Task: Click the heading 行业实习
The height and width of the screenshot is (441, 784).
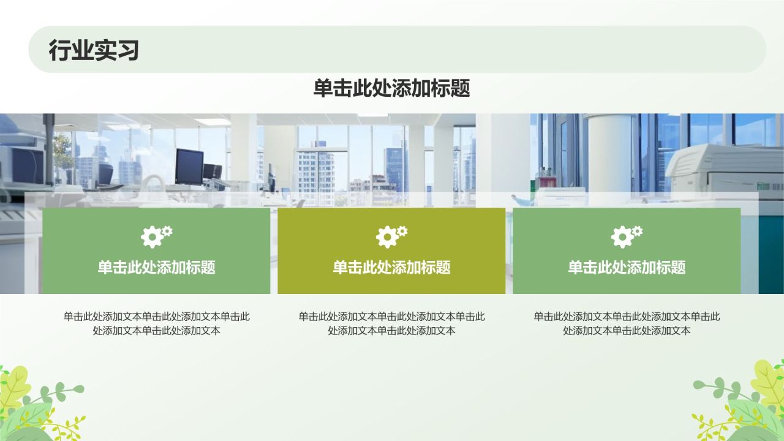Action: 94,50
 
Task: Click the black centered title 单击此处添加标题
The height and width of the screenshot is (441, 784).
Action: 391,89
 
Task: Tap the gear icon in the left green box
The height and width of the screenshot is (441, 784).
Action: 156,236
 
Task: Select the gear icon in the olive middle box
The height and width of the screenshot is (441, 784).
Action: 391,236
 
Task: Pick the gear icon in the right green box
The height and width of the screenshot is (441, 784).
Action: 627,236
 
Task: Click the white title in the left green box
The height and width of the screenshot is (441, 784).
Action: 156,267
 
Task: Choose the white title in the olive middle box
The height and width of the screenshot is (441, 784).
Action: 391,267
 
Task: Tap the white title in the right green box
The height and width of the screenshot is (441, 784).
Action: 627,267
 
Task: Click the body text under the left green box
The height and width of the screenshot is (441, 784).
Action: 156,323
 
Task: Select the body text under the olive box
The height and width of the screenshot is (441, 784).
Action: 391,323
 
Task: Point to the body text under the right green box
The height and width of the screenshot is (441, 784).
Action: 627,323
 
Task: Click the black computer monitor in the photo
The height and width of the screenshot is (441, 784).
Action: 189,165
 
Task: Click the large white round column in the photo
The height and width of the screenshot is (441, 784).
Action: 609,153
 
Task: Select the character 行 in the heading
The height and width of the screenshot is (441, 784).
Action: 59,50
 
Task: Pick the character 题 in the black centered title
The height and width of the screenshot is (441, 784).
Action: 460,89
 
